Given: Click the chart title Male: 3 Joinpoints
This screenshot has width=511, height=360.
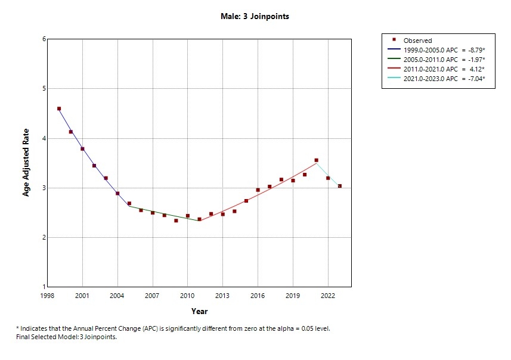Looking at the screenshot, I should (255, 17).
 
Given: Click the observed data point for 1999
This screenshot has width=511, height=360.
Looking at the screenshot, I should (59, 108).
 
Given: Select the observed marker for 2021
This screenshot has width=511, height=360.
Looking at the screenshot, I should (316, 160).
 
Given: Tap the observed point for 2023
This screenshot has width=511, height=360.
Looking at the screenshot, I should (340, 186).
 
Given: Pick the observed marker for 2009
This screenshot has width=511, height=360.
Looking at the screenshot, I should (176, 221).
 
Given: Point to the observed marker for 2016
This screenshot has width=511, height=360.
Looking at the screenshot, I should (258, 190).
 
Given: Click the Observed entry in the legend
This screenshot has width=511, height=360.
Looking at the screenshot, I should (417, 41).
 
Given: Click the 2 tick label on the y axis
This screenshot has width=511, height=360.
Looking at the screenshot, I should (44, 238).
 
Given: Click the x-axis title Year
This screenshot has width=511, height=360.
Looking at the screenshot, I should (199, 311).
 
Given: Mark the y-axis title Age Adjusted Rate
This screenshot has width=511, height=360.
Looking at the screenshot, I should (26, 163).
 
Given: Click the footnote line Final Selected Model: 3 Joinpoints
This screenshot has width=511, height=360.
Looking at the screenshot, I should (66, 337).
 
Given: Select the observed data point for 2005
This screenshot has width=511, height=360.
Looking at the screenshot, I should (129, 204).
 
